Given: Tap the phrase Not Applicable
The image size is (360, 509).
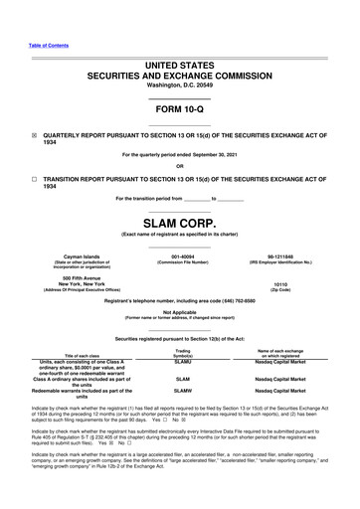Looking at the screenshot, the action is pyautogui.click(x=180, y=311).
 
